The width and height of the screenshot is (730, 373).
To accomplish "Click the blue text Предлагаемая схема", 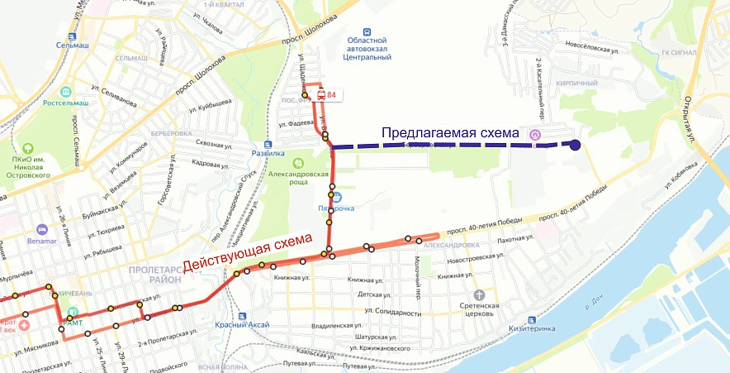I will point(449,132).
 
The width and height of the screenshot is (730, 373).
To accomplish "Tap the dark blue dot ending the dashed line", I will point(575,146).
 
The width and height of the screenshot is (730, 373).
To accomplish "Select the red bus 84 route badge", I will point(327,95).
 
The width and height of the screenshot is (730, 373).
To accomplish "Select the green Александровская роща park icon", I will point(299,163).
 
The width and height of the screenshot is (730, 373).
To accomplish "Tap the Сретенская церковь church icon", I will point(478,294).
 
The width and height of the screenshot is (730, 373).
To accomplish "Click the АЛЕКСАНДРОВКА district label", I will point(451,245).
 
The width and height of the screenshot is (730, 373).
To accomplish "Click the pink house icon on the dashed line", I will point(535,136).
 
